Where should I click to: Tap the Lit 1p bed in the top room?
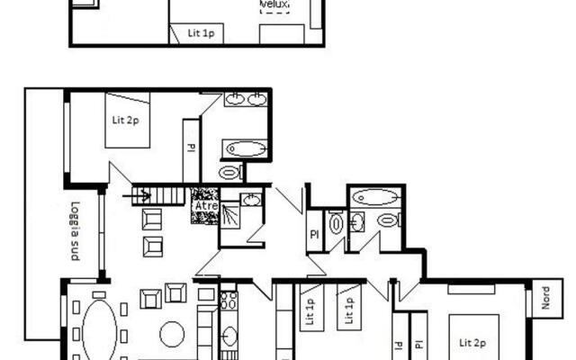click(x=202, y=33)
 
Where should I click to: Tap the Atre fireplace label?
click(x=205, y=206)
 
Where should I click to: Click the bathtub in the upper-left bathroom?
click(x=245, y=148)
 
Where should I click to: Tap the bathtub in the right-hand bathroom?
click(x=375, y=196)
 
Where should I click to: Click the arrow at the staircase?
click(x=140, y=193)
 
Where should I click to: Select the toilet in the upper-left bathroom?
click(x=231, y=172)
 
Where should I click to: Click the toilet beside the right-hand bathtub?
click(x=388, y=220)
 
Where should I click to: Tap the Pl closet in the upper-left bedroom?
click(x=190, y=148)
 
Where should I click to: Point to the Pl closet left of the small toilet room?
click(x=314, y=232)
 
